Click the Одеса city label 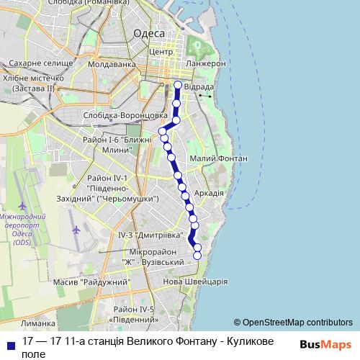pos(150,34)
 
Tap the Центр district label pos(161,52)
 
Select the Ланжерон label pos(205,64)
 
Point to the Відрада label pos(198,86)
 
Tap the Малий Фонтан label pos(219,158)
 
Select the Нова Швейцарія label pos(196,282)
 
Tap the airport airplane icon pos(76,230)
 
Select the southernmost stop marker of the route pos(197,254)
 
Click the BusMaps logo pos(325,344)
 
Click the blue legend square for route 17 pos(9,344)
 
